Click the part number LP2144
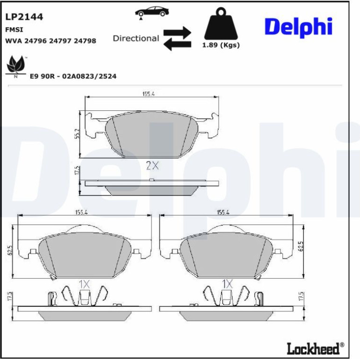[x=24, y=17]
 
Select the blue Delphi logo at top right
[x=298, y=27]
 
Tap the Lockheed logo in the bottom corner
[x=316, y=348]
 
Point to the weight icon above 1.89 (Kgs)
[x=221, y=24]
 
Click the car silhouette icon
[x=152, y=12]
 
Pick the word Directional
[x=136, y=38]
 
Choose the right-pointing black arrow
[x=177, y=32]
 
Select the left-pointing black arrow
[x=177, y=44]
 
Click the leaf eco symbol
[x=15, y=66]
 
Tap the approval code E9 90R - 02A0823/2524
[x=73, y=76]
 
